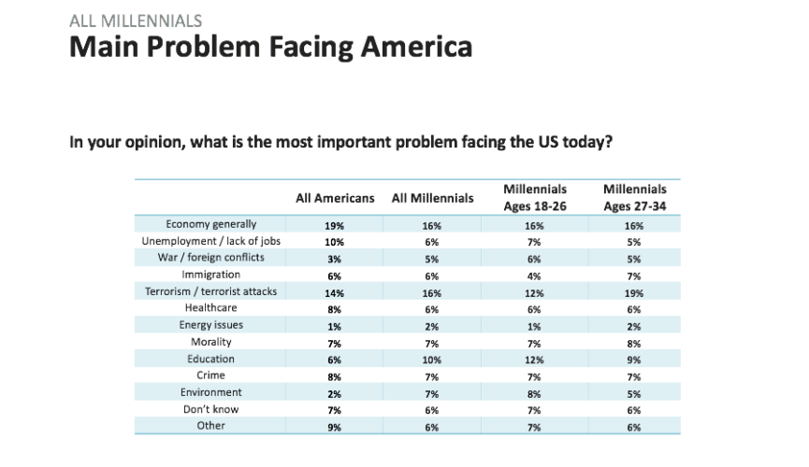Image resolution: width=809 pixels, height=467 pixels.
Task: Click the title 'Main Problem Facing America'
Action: coord(271,47)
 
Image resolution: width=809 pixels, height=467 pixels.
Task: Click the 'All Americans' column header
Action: coord(335,198)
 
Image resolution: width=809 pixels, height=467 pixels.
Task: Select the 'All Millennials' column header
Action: coord(432,198)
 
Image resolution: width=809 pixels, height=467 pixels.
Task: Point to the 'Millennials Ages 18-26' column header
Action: coord(535,198)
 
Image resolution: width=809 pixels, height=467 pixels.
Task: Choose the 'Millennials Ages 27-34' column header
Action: coord(635,198)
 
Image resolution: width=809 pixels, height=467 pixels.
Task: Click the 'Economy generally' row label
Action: coord(210,224)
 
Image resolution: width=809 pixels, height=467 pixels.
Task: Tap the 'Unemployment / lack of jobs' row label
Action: coord(210,241)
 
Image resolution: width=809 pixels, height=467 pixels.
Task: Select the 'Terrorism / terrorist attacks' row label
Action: coord(210,291)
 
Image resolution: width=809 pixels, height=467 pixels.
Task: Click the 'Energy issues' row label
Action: coord(210,325)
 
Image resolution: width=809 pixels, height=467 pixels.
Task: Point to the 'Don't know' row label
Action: coord(210,409)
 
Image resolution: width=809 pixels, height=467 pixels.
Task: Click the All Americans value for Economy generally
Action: coord(335,225)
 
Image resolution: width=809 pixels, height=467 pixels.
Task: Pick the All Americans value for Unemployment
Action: coord(335,242)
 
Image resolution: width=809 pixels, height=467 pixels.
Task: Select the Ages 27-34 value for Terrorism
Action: coord(635,292)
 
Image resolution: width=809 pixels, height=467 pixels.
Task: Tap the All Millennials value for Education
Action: coord(432,360)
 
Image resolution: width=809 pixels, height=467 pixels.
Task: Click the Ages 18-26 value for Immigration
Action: coord(535,276)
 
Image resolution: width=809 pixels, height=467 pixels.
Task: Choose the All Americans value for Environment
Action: coord(335,393)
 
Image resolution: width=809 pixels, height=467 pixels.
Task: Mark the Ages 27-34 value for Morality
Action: coord(635,343)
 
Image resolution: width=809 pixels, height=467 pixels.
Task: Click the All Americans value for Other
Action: coord(335,427)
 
